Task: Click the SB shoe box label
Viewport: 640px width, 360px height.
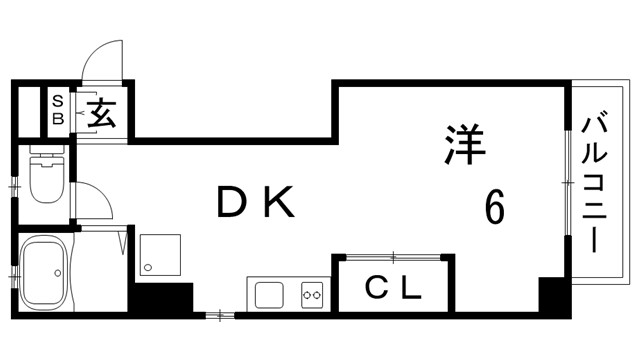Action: pos(57,109)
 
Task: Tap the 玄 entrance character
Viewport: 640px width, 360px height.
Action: pos(102,111)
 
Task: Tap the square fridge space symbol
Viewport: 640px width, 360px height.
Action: pos(161,256)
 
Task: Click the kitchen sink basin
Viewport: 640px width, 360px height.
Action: pos(268,294)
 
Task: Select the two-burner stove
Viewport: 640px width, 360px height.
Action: pos(312,294)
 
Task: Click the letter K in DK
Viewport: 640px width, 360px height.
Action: pos(279,204)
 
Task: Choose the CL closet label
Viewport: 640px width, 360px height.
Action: pos(392,290)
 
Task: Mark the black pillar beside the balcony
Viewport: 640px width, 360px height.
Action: pos(552,296)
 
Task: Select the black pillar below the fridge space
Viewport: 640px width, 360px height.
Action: pos(163,298)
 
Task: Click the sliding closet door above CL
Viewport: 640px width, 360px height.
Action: pos(392,257)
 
